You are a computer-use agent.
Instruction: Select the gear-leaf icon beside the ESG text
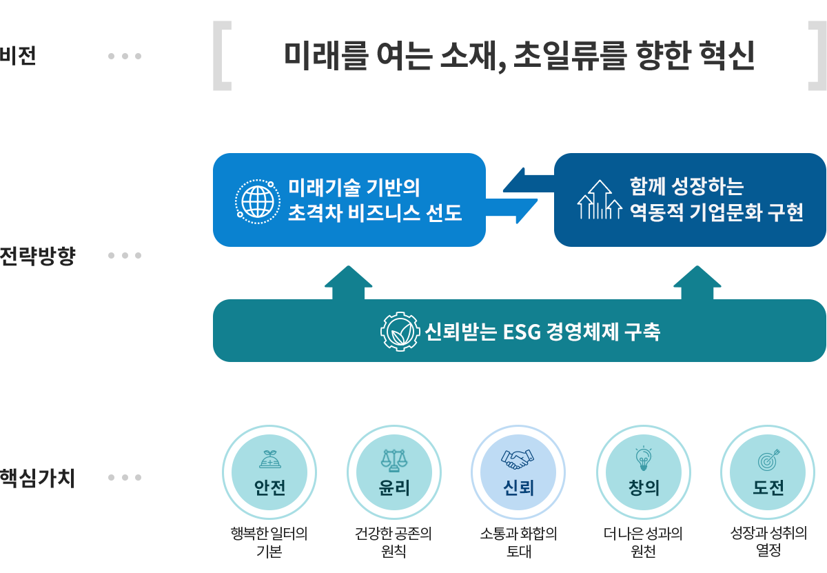coord(400,332)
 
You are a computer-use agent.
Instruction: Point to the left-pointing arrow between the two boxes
coord(528,182)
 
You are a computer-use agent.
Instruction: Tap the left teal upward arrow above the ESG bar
coord(349,282)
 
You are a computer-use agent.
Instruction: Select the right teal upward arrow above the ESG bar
coord(697,282)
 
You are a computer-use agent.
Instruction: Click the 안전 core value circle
coord(269,472)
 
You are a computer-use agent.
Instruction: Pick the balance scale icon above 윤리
coord(394,458)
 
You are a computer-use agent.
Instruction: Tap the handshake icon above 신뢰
coord(518,458)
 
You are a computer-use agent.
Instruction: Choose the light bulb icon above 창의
coord(643,456)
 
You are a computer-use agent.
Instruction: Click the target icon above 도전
coord(768,458)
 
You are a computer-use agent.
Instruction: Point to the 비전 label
coord(18,56)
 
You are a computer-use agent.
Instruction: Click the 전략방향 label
coord(37,256)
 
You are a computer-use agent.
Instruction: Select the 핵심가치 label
coord(37,478)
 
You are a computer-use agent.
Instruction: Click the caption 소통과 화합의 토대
coord(518,542)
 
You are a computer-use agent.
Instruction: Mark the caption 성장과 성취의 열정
coord(768,542)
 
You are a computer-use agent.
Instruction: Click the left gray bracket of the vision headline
coord(221,56)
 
